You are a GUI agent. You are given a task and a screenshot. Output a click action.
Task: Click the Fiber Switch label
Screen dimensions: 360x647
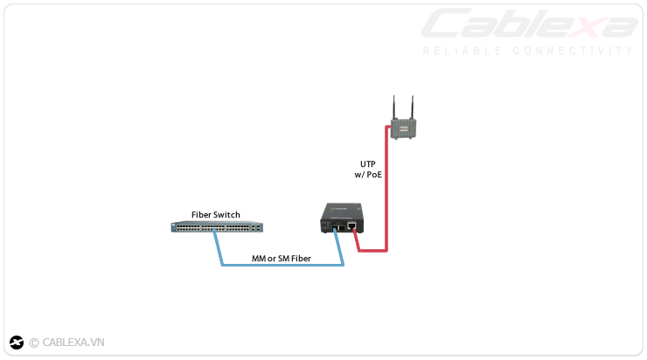(x=215, y=215)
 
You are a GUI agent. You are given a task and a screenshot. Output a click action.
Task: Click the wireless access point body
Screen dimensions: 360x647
(x=405, y=129)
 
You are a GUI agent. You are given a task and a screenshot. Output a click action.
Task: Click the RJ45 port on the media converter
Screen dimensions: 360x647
(x=351, y=226)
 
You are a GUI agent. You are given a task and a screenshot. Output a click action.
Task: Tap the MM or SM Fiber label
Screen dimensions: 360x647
(x=281, y=259)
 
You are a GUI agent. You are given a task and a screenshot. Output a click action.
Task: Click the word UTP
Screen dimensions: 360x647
(x=368, y=163)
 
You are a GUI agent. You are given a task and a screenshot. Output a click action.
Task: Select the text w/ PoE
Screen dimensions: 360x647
(x=368, y=175)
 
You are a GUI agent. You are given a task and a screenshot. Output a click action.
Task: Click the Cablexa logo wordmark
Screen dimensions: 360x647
(x=530, y=24)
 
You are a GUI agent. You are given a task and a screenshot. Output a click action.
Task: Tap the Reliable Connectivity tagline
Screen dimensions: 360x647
(x=527, y=51)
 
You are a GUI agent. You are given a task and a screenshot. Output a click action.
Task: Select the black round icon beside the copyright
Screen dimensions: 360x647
(x=17, y=343)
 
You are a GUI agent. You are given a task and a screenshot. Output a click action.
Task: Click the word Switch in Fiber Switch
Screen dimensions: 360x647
(x=226, y=215)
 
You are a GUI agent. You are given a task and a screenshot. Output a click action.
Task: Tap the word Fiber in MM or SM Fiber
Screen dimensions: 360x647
(x=300, y=259)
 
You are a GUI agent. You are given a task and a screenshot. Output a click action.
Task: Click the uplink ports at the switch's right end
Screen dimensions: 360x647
(x=254, y=227)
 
